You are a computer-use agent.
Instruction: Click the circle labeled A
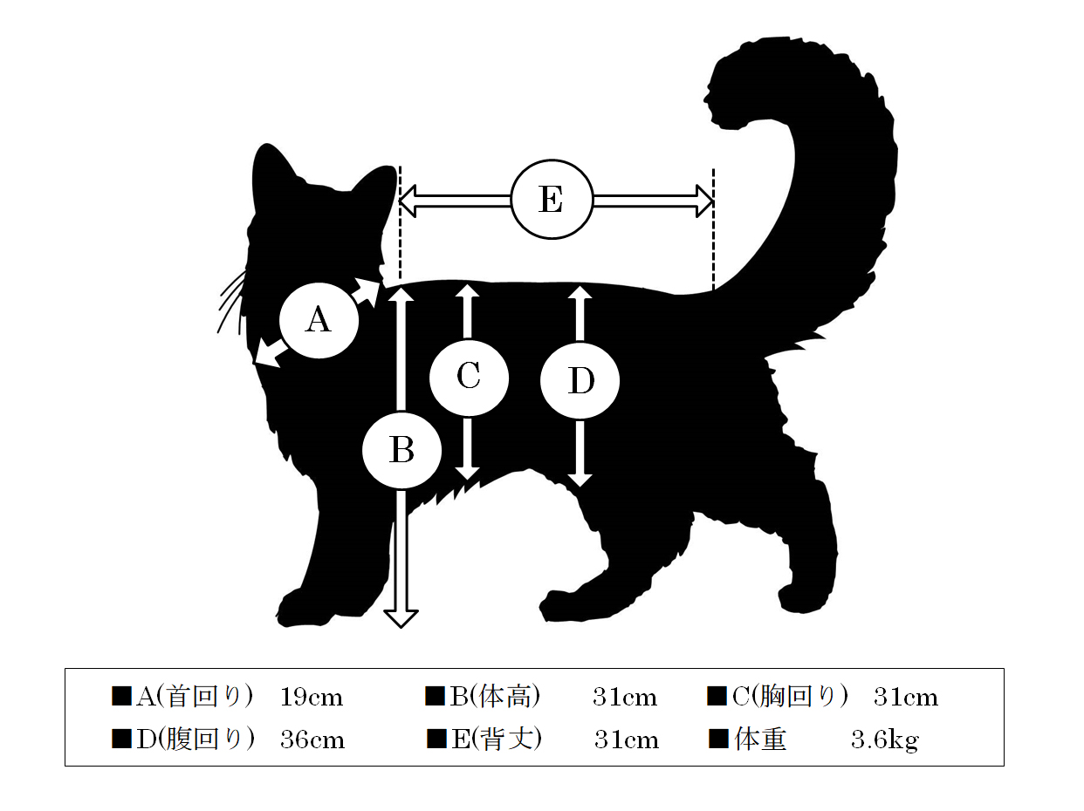coord(319,320)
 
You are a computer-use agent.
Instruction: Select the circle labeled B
coord(401,450)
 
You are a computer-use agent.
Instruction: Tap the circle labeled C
coord(469,378)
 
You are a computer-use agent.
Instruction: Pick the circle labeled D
coord(580,381)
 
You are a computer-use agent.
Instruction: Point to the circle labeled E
coord(552,200)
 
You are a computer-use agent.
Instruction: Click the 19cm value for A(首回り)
coord(311,698)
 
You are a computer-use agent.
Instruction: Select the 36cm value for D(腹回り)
coord(312,739)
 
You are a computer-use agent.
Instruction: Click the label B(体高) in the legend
coord(495,697)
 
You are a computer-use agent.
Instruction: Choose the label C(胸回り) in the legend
coord(790,697)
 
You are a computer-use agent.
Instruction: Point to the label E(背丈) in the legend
coord(497,739)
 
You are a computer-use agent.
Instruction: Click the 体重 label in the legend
coord(760,739)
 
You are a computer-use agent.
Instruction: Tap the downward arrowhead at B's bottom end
coord(401,618)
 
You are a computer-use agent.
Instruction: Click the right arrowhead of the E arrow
coord(703,201)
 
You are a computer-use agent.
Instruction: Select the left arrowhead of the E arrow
coord(408,201)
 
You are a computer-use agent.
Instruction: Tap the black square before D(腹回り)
coord(121,739)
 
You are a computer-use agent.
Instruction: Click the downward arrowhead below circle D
coord(580,480)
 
